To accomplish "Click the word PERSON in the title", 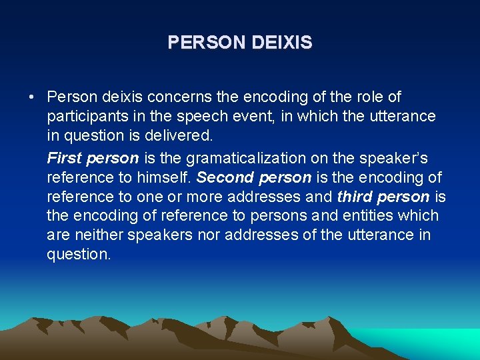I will pos(207,43).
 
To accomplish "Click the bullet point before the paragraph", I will pos(32,97).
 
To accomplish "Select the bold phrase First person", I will pos(93,158).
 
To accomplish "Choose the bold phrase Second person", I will pos(254,178).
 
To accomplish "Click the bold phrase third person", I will pos(383,197).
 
